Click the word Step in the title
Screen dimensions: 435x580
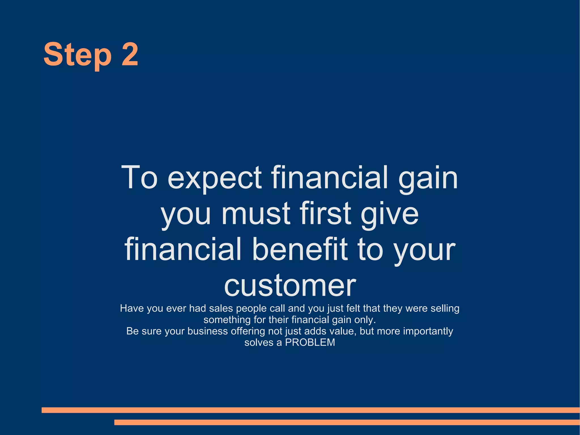(77, 54)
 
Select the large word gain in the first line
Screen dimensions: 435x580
(428, 179)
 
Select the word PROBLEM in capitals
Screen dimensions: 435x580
(310, 342)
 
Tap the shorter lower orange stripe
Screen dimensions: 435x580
(347, 422)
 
